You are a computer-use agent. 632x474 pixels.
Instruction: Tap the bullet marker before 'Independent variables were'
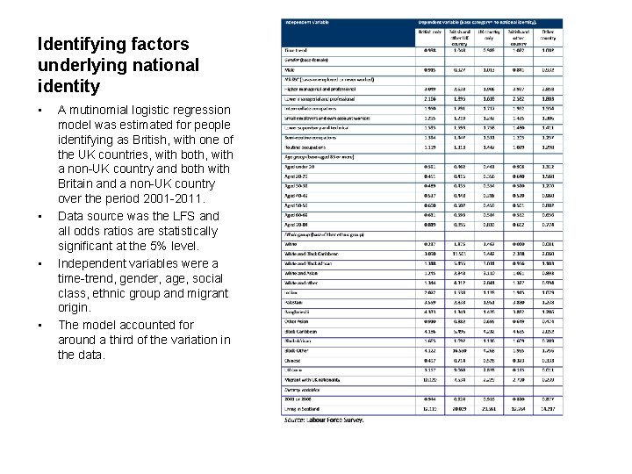[x=41, y=263]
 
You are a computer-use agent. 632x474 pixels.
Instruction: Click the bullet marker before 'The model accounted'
[x=41, y=326]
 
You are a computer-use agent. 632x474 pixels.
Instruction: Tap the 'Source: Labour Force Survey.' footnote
[x=323, y=420]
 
